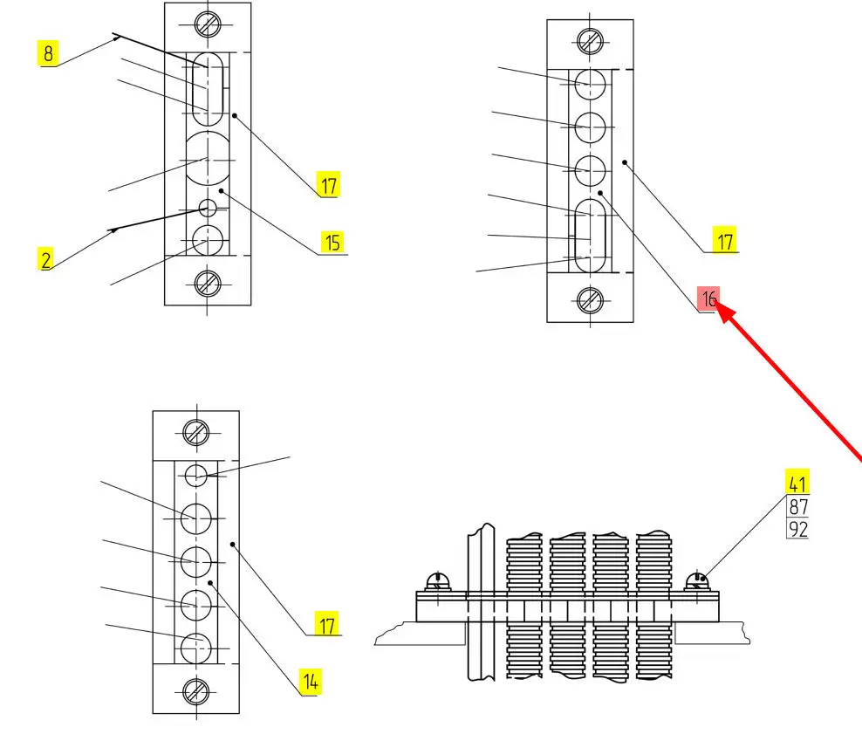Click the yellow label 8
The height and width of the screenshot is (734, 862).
[x=47, y=54]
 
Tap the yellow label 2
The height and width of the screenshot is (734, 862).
[x=46, y=258]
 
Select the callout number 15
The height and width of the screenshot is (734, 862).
[x=332, y=242]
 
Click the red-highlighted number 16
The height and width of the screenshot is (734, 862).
[x=709, y=299]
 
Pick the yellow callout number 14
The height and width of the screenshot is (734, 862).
[x=310, y=681]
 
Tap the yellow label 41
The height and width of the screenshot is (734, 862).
[x=797, y=483]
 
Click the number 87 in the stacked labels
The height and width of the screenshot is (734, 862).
[x=797, y=507]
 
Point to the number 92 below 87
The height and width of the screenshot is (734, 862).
[x=797, y=528]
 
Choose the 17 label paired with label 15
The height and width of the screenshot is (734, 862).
[x=328, y=185]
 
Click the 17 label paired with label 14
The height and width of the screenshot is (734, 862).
[x=326, y=625]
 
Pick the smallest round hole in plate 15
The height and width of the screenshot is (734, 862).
[x=208, y=209]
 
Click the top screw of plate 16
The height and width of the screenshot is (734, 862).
[x=590, y=40]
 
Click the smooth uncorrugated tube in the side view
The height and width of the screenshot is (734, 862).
[x=480, y=602]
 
